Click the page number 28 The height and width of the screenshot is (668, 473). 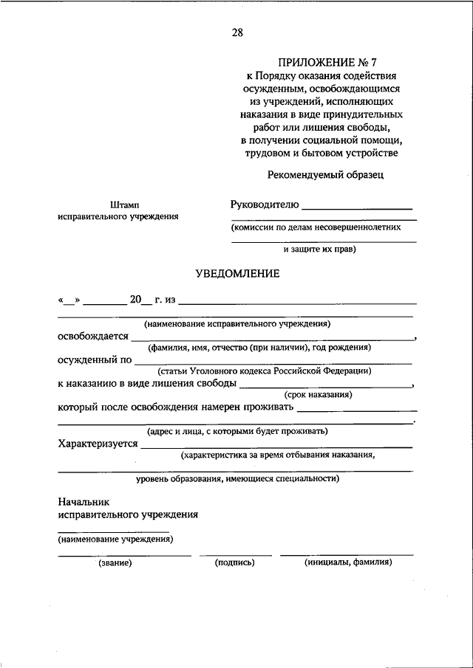click(236, 32)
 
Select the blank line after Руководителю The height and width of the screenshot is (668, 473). click(357, 209)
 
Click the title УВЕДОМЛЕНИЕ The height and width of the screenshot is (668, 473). click(236, 274)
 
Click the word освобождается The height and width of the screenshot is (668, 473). click(92, 336)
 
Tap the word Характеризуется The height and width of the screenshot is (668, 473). click(98, 444)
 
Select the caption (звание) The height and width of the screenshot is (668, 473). click(115, 563)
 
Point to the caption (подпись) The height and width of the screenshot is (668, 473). click(234, 563)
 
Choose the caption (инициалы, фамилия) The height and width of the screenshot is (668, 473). click(347, 563)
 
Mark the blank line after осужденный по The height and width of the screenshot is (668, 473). click(273, 362)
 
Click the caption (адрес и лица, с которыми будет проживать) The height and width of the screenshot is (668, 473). click(237, 431)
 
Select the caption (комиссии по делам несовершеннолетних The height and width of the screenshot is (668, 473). click(316, 228)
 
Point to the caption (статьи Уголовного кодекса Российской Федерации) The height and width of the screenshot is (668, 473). click(263, 371)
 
